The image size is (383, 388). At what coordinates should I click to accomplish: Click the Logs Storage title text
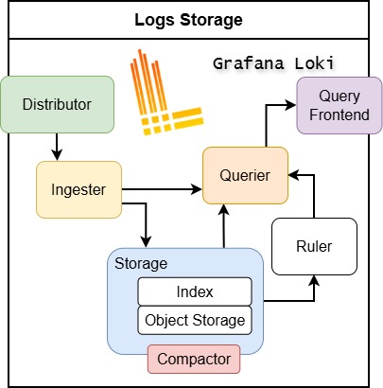(191, 19)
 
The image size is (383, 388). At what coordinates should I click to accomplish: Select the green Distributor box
(58, 103)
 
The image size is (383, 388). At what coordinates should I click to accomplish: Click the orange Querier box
(245, 175)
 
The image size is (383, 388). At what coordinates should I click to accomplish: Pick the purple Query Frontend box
(338, 105)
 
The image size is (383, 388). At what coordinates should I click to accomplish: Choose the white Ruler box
(313, 246)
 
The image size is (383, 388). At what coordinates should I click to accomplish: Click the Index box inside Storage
(195, 291)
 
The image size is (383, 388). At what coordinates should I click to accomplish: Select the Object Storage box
(195, 320)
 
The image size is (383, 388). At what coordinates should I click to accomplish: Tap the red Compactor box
(194, 360)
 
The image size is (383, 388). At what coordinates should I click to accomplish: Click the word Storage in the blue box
(141, 262)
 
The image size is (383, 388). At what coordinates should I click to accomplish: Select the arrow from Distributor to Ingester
(58, 146)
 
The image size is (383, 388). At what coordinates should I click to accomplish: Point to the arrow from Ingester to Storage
(144, 222)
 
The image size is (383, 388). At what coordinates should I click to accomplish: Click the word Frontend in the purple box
(339, 115)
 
